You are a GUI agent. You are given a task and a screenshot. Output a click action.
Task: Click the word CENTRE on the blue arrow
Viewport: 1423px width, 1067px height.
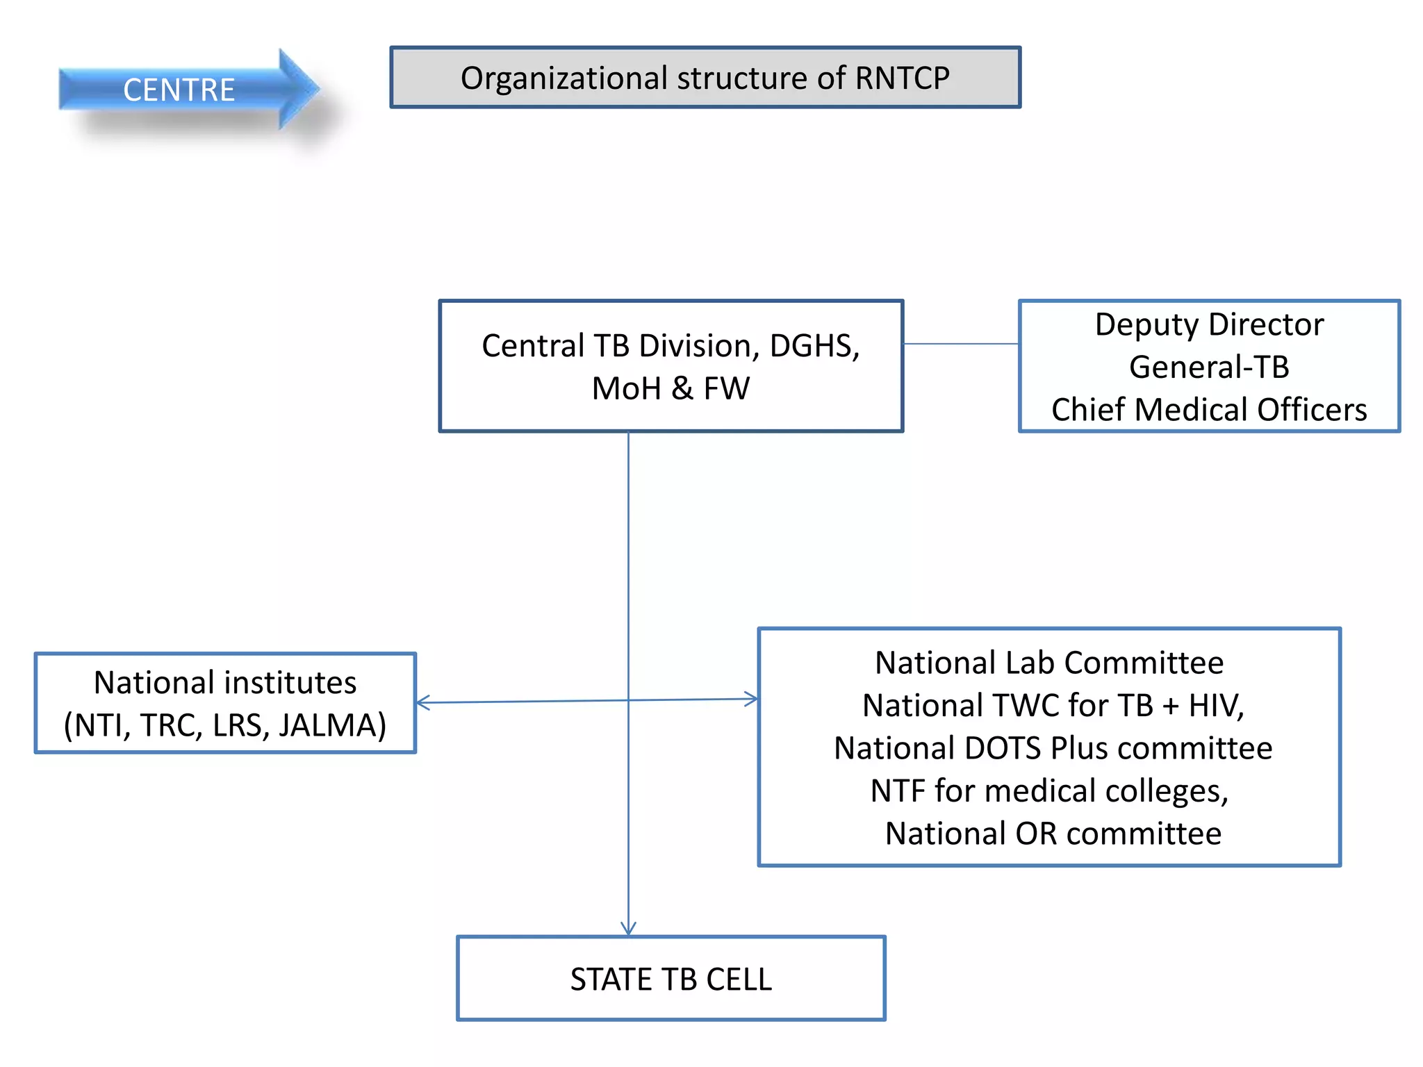click(179, 90)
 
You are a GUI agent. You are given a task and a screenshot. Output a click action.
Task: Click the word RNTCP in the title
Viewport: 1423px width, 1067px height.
click(902, 78)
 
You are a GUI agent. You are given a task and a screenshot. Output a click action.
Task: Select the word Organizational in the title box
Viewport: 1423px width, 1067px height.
click(564, 78)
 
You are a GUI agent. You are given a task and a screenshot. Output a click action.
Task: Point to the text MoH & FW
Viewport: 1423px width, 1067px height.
click(671, 388)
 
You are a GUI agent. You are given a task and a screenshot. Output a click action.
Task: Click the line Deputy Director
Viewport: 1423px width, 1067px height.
click(1209, 324)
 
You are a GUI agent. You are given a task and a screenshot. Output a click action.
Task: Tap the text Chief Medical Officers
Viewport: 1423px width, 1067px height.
click(1209, 410)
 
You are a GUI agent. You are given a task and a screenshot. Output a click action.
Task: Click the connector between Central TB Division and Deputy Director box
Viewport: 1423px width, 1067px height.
click(961, 344)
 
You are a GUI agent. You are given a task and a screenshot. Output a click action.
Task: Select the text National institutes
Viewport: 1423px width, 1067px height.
click(225, 682)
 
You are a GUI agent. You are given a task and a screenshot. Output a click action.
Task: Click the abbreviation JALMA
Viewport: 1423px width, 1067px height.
click(332, 725)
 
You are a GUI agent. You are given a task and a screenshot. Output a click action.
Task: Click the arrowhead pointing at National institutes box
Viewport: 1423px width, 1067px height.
click(421, 702)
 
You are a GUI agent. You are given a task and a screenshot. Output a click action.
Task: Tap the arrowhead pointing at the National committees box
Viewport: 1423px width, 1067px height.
click(753, 699)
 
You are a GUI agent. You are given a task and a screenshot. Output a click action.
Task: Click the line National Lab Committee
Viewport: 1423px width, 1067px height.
click(1049, 663)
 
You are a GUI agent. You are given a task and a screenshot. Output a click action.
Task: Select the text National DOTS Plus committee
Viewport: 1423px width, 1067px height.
click(1053, 748)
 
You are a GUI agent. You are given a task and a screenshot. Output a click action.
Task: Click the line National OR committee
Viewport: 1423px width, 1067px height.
click(1053, 834)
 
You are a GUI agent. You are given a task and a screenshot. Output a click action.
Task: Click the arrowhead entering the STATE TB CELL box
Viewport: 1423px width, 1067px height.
click(628, 929)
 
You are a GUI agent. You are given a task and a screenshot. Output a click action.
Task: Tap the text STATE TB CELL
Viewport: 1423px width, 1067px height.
click(671, 979)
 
